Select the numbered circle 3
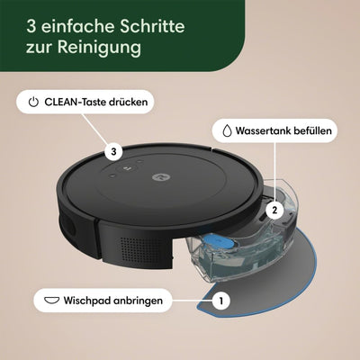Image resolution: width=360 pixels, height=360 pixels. pos(112,151)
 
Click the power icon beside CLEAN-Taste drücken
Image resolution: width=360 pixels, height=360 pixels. pos(34,103)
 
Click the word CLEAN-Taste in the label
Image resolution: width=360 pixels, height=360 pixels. pos(77,103)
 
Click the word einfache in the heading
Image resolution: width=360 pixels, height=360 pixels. pos(67,22)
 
